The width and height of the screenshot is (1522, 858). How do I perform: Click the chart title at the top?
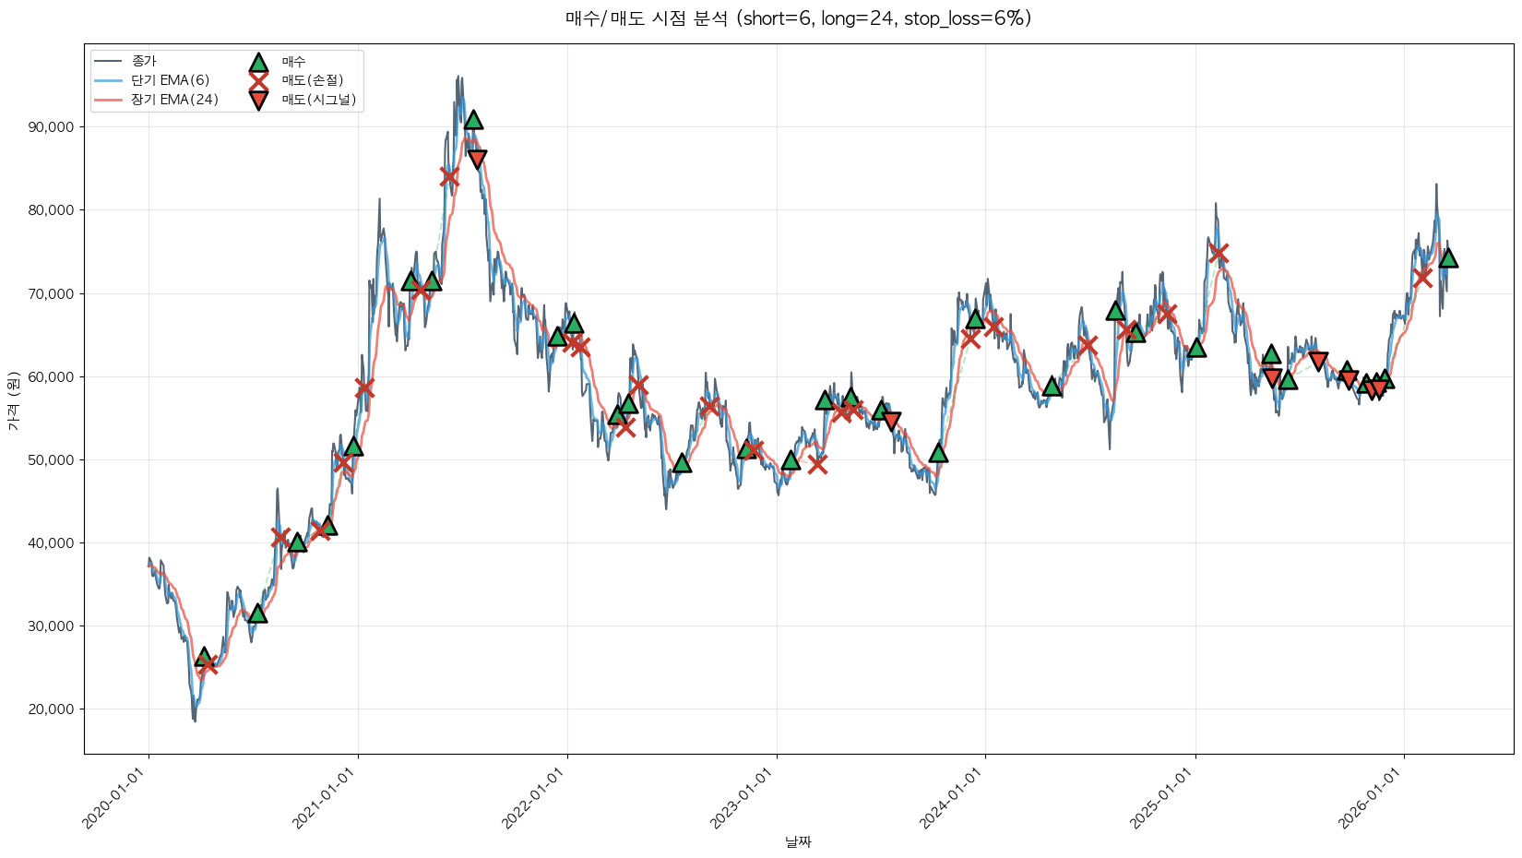[798, 18]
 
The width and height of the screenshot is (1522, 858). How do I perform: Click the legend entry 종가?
[144, 61]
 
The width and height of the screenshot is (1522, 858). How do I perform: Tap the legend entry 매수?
[293, 62]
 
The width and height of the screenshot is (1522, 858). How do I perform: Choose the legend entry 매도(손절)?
[312, 80]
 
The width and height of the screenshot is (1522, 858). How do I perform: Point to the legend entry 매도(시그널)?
[318, 100]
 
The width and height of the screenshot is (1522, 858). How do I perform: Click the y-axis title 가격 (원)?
[14, 399]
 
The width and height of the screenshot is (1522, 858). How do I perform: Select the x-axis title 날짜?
[798, 841]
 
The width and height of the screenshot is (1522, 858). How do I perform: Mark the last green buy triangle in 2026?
[1448, 258]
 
